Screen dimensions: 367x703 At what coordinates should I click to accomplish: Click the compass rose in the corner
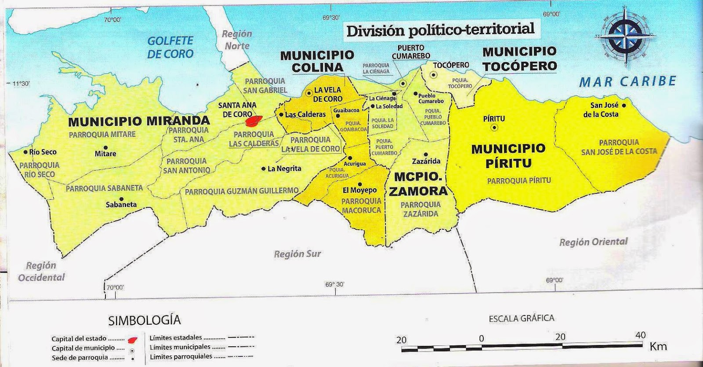pos(625,37)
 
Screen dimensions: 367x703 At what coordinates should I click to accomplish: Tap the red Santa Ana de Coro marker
pos(254,120)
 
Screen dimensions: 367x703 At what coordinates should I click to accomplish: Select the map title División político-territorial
pos(440,30)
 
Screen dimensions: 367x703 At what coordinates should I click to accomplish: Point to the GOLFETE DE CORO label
pos(170,48)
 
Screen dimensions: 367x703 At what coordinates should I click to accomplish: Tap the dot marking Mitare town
pos(105,147)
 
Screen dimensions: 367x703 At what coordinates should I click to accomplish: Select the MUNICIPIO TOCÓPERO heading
pos(519,59)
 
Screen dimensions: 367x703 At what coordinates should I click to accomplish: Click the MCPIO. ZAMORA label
pos(418,184)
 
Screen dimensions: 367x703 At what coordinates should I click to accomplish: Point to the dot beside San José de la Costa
pos(624,105)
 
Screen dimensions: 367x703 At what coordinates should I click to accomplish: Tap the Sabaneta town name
pos(121,205)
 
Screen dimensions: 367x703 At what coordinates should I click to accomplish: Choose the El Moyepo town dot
pos(360,184)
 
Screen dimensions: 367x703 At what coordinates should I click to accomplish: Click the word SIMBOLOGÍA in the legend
pos(145,320)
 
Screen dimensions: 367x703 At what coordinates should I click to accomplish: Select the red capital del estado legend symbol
pos(132,340)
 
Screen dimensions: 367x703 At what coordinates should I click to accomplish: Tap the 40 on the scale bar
pos(641,335)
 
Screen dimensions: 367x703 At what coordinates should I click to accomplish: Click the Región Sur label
pos(297,254)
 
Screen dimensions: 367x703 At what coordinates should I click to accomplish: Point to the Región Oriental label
pos(593,242)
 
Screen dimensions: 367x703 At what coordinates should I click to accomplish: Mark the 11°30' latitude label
pos(20,84)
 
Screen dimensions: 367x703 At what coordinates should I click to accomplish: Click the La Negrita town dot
pos(264,169)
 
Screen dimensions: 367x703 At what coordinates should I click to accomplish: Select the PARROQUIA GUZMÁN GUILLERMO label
pos(242,191)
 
